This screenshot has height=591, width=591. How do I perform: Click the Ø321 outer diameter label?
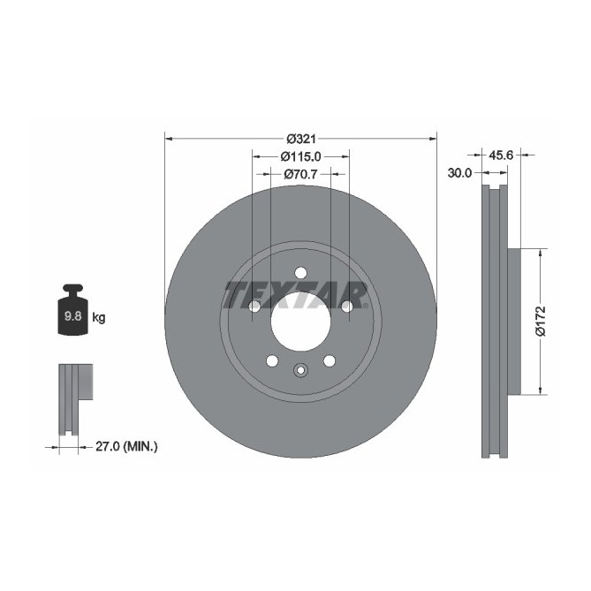pyautogui.click(x=300, y=139)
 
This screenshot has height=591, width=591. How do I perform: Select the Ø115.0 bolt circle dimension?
pyautogui.click(x=300, y=156)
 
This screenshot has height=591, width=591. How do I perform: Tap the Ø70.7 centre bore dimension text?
pyautogui.click(x=300, y=174)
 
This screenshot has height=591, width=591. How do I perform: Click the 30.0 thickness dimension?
pyautogui.click(x=459, y=174)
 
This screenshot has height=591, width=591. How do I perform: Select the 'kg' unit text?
pyautogui.click(x=99, y=317)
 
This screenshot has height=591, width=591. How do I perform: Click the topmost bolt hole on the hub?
pyautogui.click(x=300, y=273)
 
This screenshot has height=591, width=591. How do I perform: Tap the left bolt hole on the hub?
pyautogui.click(x=254, y=307)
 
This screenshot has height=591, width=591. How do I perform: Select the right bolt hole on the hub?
pyautogui.click(x=346, y=307)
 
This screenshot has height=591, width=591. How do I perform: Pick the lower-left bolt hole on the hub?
pyautogui.click(x=272, y=360)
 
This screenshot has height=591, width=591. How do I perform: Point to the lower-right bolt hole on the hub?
pyautogui.click(x=329, y=360)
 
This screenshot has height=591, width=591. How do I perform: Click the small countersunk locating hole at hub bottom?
pyautogui.click(x=300, y=371)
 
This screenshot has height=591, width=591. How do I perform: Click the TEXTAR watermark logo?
pyautogui.click(x=296, y=295)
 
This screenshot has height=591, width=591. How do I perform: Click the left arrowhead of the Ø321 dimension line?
pyautogui.click(x=169, y=138)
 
